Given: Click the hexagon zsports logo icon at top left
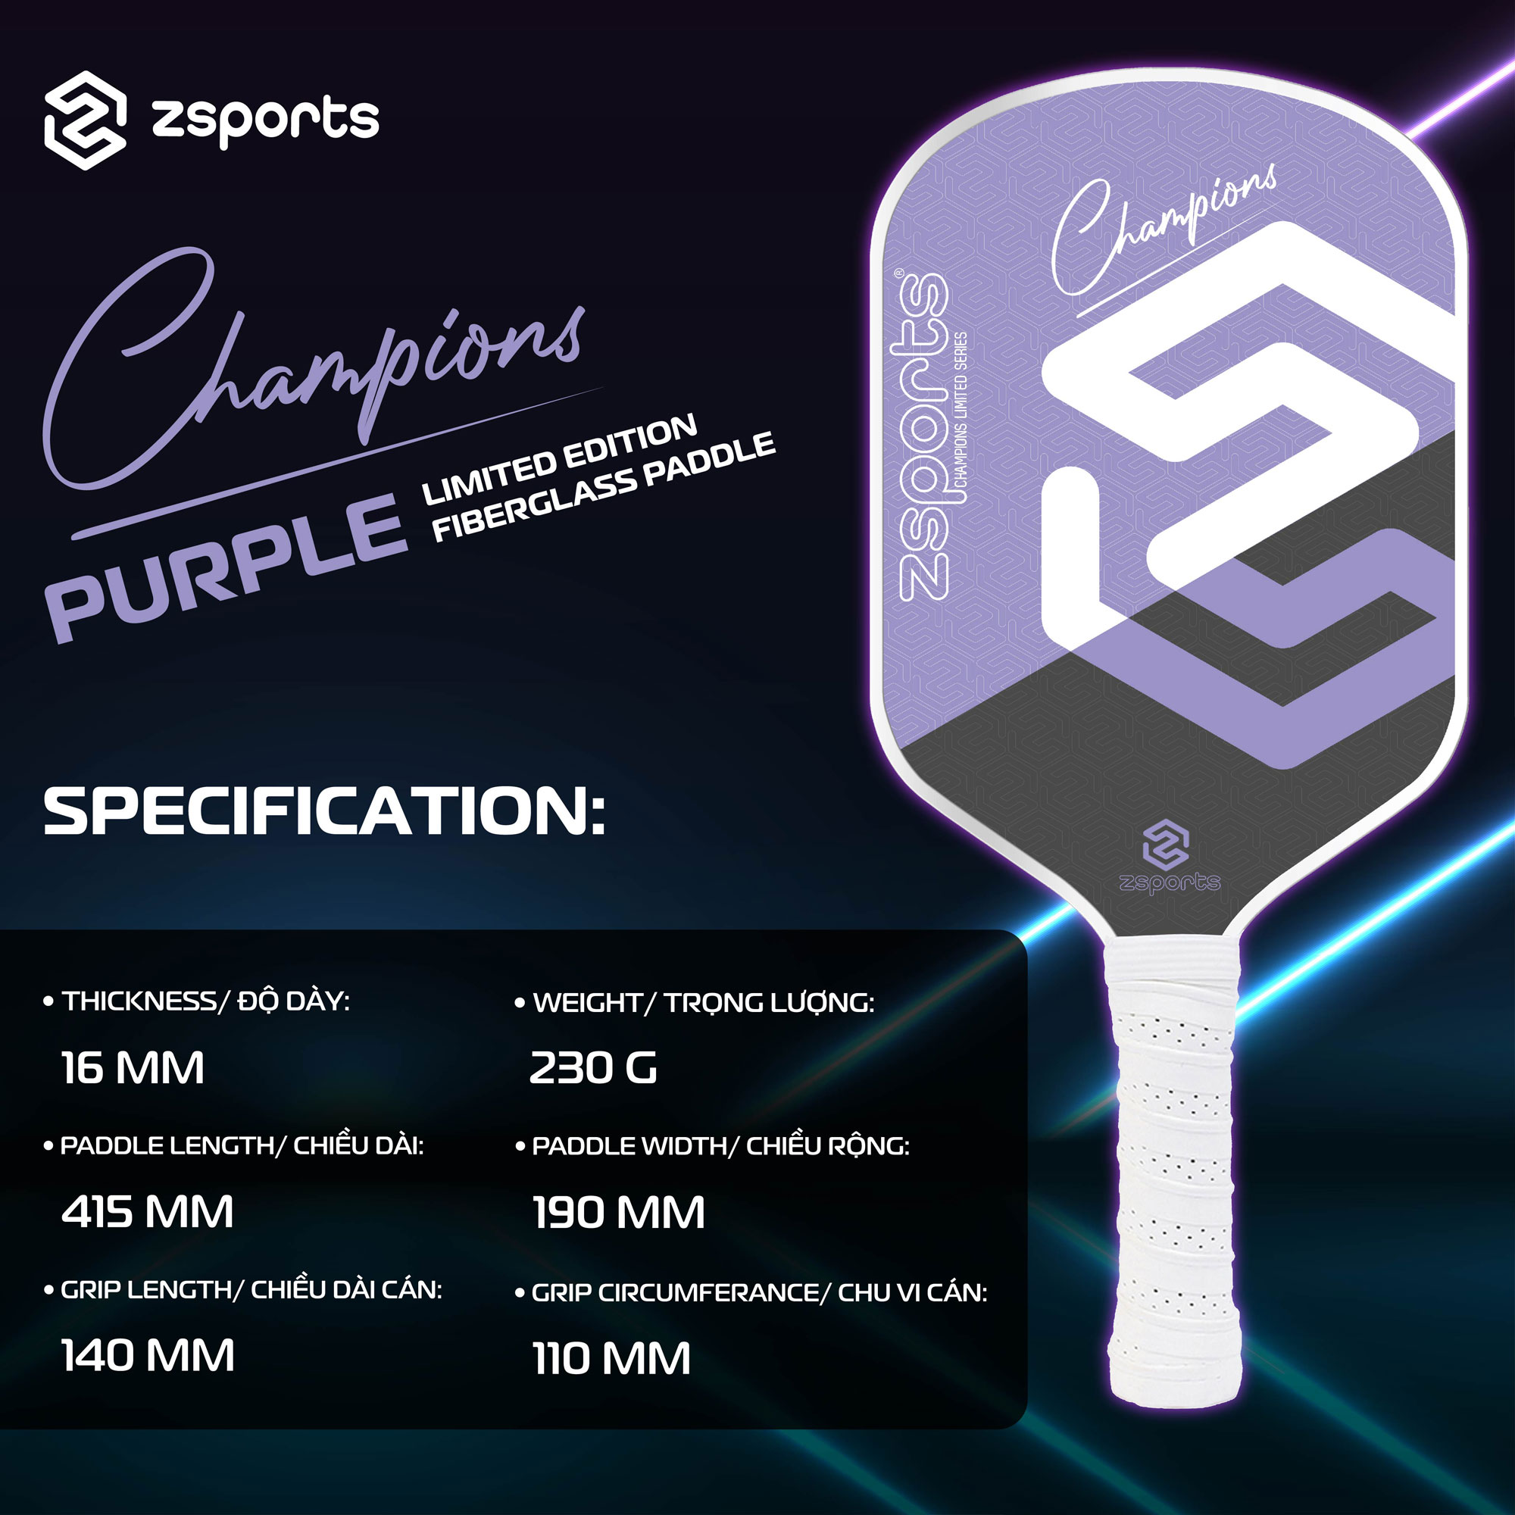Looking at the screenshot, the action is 85,120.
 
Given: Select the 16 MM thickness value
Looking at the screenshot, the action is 133,1068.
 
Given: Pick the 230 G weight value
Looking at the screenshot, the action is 594,1068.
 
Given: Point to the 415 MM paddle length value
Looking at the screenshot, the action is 148,1212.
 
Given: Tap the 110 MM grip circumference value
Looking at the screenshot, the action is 611,1359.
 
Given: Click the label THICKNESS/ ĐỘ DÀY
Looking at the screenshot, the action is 205,1001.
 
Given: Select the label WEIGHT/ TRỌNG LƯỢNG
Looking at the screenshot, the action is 704,1003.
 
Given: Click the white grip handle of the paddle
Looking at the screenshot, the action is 1171,1176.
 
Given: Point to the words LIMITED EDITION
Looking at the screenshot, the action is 560,460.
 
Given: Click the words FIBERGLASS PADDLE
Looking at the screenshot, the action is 604,488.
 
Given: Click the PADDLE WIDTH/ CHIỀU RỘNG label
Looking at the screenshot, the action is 720,1146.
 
